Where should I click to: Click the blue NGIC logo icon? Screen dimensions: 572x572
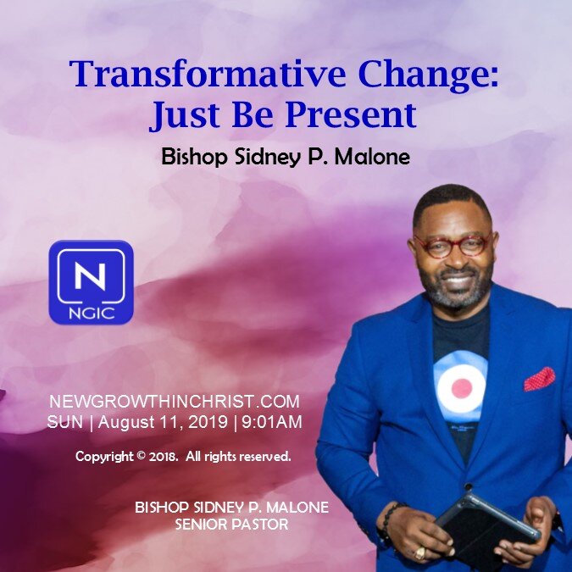92,282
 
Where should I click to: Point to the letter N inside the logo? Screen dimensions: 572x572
92,275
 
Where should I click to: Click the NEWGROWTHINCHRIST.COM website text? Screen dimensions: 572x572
175,401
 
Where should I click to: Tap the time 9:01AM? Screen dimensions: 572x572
273,421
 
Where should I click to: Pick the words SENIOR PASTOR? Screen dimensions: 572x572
231,525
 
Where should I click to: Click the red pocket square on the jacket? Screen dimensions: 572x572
539,379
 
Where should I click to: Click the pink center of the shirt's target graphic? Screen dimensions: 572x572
461,389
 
